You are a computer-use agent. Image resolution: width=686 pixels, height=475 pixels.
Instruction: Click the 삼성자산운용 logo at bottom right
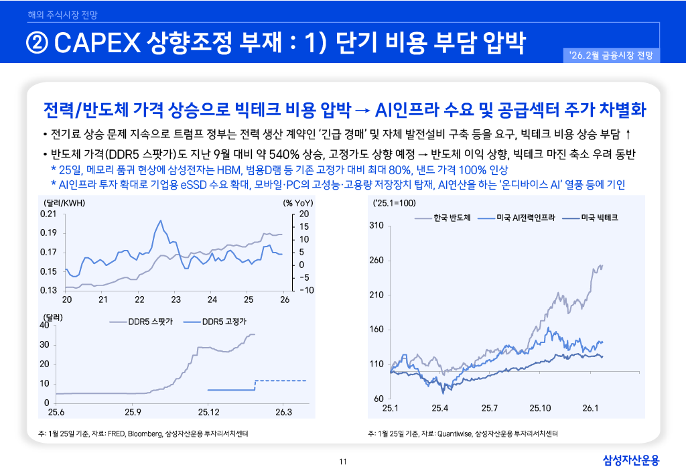pos(631,460)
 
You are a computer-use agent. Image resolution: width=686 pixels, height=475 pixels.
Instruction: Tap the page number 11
pos(343,462)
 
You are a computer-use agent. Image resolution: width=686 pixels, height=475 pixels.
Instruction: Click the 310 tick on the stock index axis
pos(375,226)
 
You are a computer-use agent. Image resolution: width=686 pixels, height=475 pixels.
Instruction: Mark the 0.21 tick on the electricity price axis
pos(48,214)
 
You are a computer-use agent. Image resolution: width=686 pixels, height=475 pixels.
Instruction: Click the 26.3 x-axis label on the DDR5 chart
pos(284,411)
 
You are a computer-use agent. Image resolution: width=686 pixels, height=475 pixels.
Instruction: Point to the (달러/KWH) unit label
pos(64,202)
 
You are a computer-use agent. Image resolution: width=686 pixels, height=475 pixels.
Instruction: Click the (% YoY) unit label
pos(298,202)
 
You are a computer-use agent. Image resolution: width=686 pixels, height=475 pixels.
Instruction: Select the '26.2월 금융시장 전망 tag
pos(613,55)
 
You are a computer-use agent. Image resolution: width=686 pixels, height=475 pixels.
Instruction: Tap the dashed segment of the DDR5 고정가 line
pos(281,381)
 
